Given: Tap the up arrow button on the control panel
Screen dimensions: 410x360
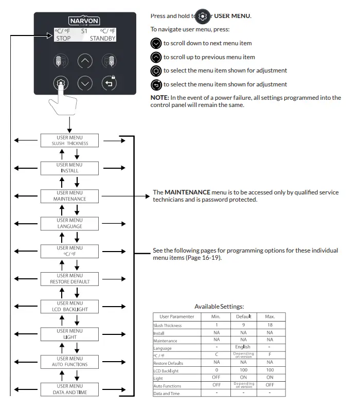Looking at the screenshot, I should tap(85, 61).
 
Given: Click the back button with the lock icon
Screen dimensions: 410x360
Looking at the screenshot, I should tap(109, 83).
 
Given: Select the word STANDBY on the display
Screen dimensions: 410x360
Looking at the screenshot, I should tap(102, 38).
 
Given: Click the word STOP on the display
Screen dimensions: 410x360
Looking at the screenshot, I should tap(63, 38).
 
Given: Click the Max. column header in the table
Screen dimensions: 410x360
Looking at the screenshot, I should tap(269, 317).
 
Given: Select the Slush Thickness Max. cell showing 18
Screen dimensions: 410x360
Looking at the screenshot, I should tap(269, 325).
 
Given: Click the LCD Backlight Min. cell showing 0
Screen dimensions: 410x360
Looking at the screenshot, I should tap(216, 370).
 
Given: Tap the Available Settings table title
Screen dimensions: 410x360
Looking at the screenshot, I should tap(219, 307).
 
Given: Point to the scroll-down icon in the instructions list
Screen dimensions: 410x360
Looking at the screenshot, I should tap(156, 44).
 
